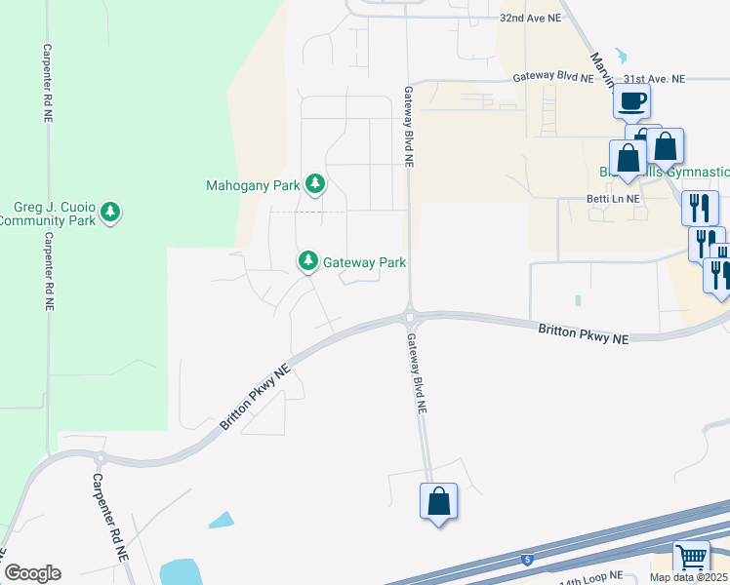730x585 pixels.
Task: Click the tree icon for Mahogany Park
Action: (314, 183)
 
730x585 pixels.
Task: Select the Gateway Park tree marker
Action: (308, 260)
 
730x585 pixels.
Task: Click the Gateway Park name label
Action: (364, 261)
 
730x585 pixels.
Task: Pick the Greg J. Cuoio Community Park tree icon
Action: (110, 212)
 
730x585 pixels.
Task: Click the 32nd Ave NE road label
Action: (531, 18)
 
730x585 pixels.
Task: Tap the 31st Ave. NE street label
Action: (655, 78)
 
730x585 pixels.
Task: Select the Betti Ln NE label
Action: (613, 198)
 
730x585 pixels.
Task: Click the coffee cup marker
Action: (631, 99)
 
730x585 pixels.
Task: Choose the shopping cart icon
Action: (691, 559)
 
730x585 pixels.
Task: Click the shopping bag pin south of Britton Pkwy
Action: (439, 501)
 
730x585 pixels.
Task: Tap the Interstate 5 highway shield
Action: (527, 560)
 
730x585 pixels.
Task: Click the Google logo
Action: (31, 573)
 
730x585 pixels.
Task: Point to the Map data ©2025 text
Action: (691, 578)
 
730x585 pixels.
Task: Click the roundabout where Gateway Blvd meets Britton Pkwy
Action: (410, 316)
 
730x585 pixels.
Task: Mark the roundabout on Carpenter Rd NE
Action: (99, 458)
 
